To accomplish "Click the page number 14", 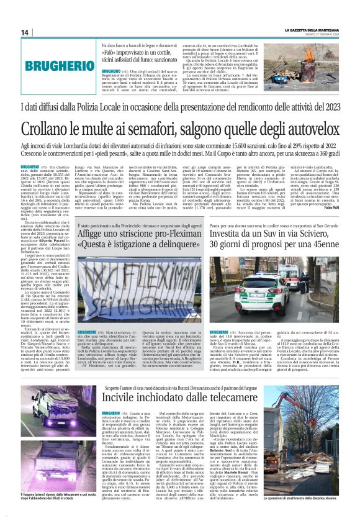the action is [x=25, y=32].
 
